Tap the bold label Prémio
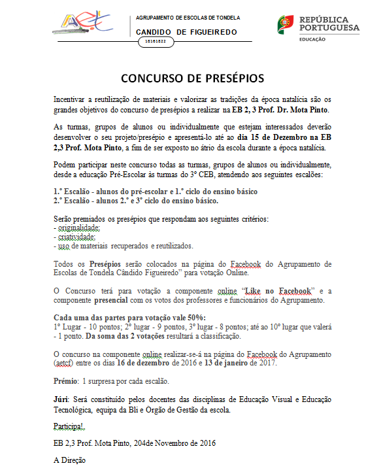pos(65,380)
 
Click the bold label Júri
pos(61,399)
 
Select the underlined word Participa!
pos(69,426)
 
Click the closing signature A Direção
pos(69,460)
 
